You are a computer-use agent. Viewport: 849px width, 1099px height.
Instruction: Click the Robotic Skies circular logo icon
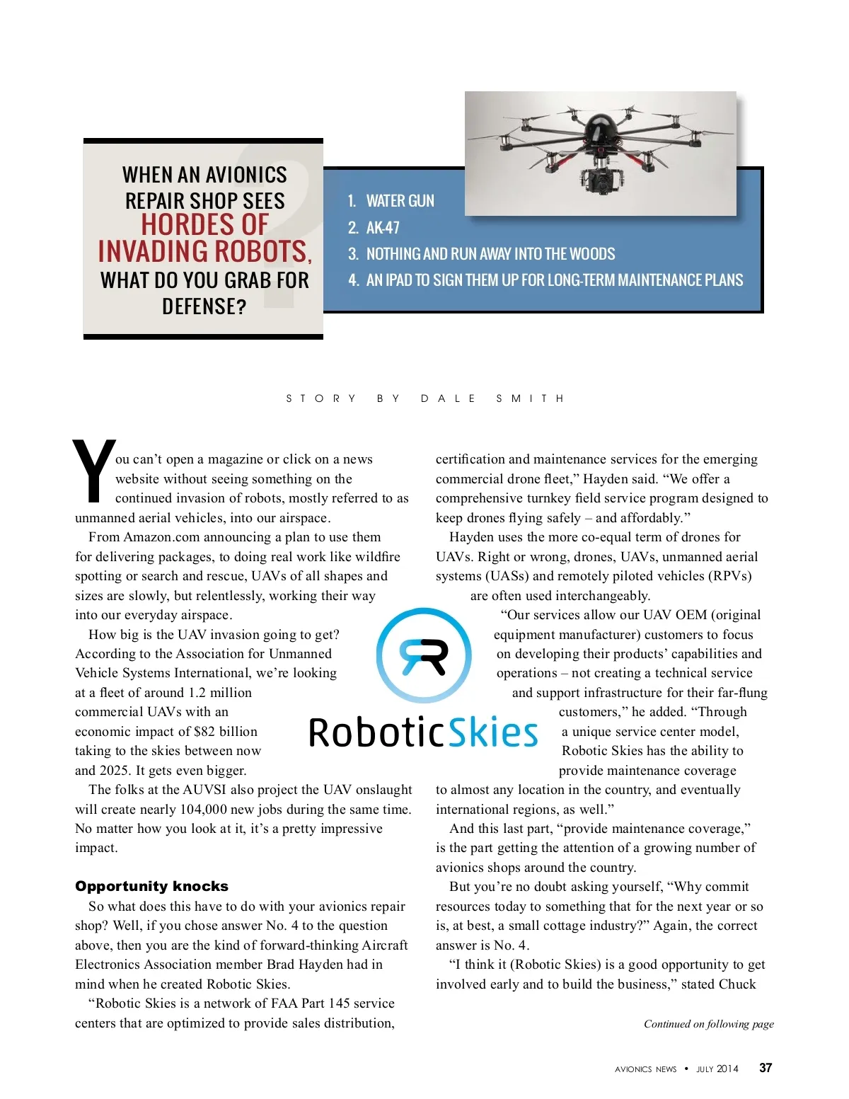click(423, 655)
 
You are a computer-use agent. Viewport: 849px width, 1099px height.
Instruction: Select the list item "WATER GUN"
click(400, 201)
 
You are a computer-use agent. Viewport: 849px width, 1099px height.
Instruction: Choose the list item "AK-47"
click(383, 228)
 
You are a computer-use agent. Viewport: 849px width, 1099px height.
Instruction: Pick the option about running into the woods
click(490, 254)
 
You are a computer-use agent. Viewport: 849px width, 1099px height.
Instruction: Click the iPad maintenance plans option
click(554, 280)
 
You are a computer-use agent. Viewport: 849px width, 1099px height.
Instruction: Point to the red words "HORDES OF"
click(204, 225)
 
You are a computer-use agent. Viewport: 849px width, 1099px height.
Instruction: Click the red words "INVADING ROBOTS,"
click(204, 252)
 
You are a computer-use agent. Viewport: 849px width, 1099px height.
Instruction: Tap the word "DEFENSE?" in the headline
click(204, 306)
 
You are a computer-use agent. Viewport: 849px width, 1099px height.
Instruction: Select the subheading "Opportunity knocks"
click(151, 886)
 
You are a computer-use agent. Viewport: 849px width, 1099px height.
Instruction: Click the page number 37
click(766, 1068)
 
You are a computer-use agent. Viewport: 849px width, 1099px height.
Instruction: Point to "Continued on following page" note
click(708, 1024)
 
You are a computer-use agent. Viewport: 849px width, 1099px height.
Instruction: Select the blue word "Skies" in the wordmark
click(494, 732)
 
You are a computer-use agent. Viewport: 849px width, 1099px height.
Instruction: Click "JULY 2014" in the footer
click(717, 1069)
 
